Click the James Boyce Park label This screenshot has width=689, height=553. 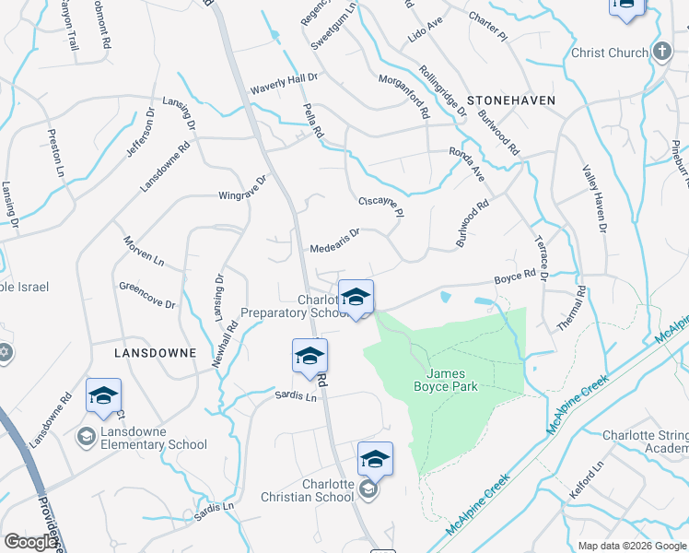[x=451, y=381]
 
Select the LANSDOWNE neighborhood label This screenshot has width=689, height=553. [x=155, y=353]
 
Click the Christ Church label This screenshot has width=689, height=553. [x=609, y=53]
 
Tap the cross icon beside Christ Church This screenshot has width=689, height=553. [x=660, y=51]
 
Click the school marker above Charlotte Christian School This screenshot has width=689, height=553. [x=375, y=459]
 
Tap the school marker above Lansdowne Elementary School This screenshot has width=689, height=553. [x=103, y=396]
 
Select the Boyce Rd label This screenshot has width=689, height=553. [x=515, y=276]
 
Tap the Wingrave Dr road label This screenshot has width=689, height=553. [x=241, y=188]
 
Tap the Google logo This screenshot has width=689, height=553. [x=30, y=542]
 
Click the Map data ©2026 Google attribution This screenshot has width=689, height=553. [x=631, y=546]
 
